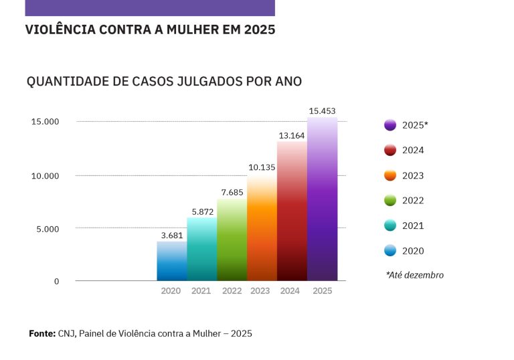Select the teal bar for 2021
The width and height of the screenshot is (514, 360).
pyautogui.click(x=201, y=249)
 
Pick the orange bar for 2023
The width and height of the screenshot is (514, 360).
pyautogui.click(x=262, y=228)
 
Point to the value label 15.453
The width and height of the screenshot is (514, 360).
pyautogui.click(x=323, y=110)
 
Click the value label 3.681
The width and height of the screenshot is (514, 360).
pyautogui.click(x=171, y=235)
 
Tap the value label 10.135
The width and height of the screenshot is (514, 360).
pyautogui.click(x=262, y=167)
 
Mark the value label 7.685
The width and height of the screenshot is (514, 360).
pyautogui.click(x=232, y=193)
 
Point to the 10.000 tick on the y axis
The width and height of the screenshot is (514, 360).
pyautogui.click(x=46, y=175)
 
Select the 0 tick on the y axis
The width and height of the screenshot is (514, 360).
pyautogui.click(x=57, y=281)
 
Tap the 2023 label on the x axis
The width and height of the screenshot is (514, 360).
pyautogui.click(x=260, y=291)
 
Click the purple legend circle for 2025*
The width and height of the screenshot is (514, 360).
pyautogui.click(x=390, y=125)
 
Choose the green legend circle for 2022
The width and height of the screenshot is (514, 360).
pyautogui.click(x=390, y=201)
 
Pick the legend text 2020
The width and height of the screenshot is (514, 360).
pyautogui.click(x=413, y=251)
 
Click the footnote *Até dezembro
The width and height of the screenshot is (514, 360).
pyautogui.click(x=414, y=275)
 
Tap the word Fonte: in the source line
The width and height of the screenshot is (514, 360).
pyautogui.click(x=41, y=333)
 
